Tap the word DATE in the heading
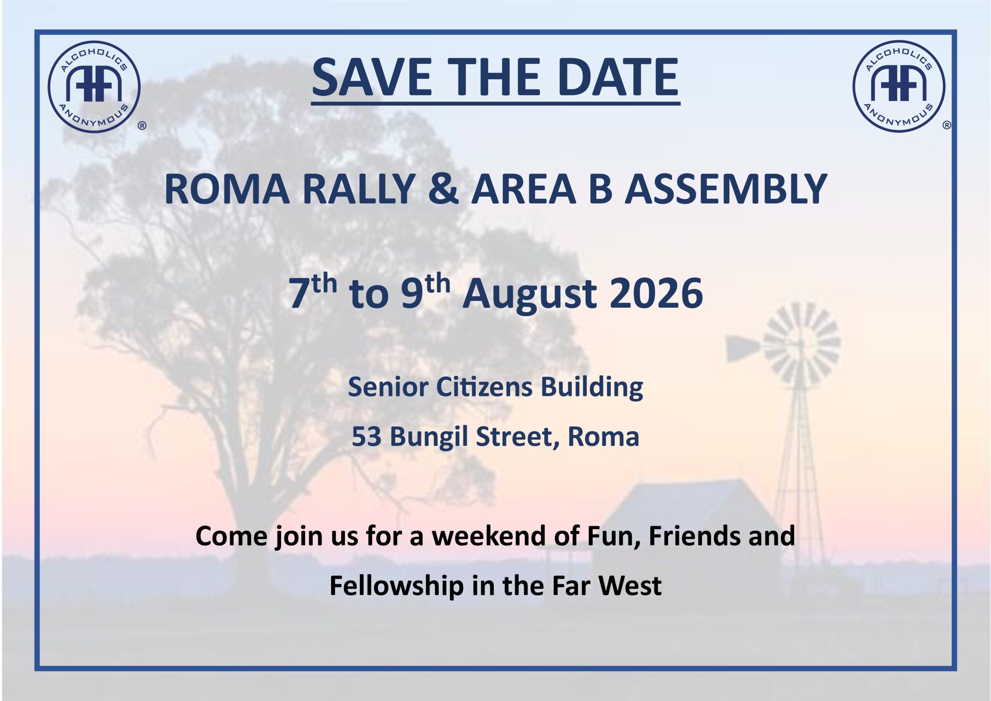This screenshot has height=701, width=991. coord(618,78)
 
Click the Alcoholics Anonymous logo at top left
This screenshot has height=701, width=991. coord(94,87)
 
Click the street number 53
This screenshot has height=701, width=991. coord(367,437)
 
